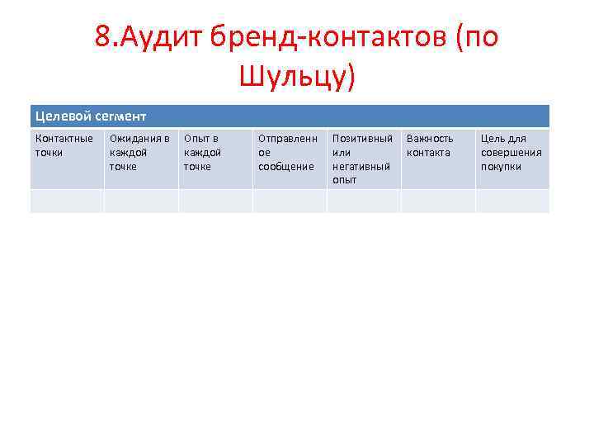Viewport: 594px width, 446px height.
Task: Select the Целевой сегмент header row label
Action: click(x=91, y=116)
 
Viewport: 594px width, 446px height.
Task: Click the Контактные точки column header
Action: click(x=64, y=145)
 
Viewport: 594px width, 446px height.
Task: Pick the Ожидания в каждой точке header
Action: click(x=139, y=153)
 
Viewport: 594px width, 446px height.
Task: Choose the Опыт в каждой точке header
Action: click(x=202, y=153)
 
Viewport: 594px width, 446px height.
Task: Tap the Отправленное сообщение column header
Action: click(x=286, y=153)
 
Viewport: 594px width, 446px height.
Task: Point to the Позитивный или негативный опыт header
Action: click(x=362, y=159)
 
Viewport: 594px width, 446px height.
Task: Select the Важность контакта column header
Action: click(x=430, y=145)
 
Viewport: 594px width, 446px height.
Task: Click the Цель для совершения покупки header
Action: click(x=511, y=153)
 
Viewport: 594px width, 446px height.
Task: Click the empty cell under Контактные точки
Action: click(x=67, y=201)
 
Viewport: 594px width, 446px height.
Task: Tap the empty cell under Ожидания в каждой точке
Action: click(x=141, y=201)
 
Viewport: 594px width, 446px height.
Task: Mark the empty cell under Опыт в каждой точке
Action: click(x=215, y=201)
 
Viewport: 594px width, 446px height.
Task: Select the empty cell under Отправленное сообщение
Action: click(x=290, y=201)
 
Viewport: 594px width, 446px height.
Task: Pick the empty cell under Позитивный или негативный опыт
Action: click(x=364, y=201)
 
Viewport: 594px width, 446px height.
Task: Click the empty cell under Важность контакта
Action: click(x=438, y=201)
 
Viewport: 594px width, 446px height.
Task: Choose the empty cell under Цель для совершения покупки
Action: click(x=512, y=201)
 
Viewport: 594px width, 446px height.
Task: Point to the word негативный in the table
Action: click(x=361, y=167)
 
